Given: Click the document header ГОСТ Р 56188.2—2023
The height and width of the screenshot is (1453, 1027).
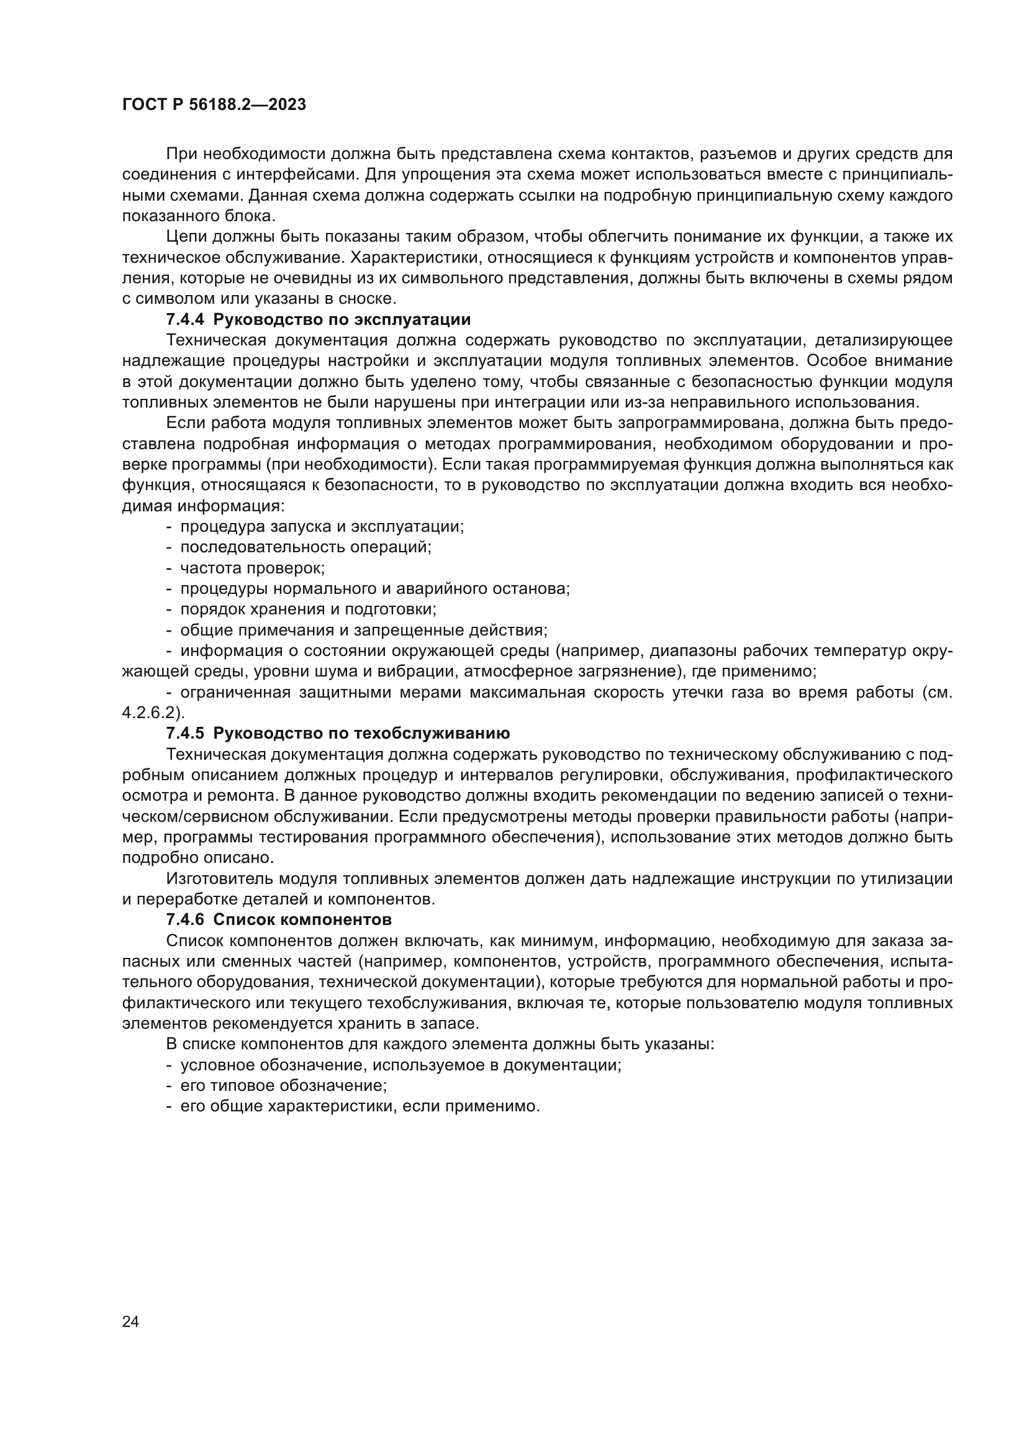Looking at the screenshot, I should coord(214,105).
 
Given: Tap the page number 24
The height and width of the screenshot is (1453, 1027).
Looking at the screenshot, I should coord(130,1321).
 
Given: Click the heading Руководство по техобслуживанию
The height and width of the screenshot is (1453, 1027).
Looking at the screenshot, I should coord(361,734).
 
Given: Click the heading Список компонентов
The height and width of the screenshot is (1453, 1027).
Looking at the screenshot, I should coord(302,919).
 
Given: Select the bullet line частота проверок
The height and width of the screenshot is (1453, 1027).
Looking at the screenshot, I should coord(252,568).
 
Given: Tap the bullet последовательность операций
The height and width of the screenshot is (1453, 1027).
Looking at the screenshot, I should coord(305,547).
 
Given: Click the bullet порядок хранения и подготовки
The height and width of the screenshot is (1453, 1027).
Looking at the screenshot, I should coord(308,609).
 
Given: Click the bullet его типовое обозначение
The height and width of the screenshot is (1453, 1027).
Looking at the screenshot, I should coord(283,1085).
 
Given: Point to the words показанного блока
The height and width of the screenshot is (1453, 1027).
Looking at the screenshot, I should coord(199,216).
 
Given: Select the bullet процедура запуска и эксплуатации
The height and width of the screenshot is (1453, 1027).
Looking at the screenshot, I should coord(322,527).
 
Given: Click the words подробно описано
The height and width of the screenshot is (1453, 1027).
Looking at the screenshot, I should coord(198,857).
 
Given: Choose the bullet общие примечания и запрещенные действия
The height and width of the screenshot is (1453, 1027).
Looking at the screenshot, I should coord(364,631).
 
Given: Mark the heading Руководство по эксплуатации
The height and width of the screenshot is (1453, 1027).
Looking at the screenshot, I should coord(342,319).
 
